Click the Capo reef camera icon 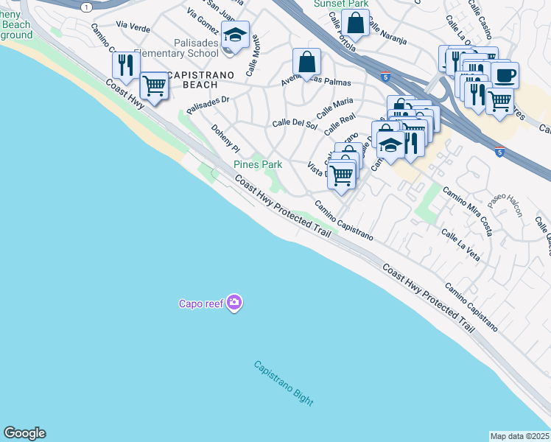(x=234, y=303)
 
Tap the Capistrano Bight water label (x=284, y=384)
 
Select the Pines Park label (x=258, y=164)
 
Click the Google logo (x=24, y=433)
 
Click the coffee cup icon (x=505, y=75)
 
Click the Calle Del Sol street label (x=295, y=124)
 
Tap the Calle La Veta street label (x=460, y=245)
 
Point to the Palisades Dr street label (x=208, y=104)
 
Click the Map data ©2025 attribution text (x=520, y=436)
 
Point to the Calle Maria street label (x=334, y=108)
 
